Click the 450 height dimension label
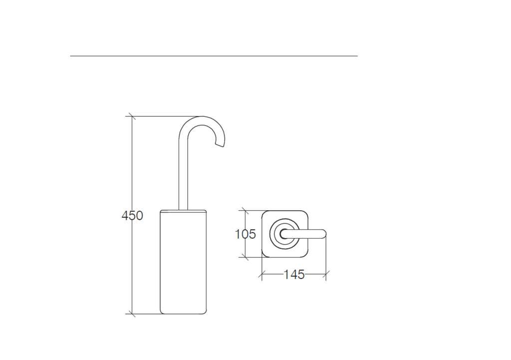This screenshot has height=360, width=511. coord(132,216)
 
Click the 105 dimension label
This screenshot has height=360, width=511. coord(246,234)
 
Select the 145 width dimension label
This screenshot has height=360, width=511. coord(294,275)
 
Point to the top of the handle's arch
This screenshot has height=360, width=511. coord(202,117)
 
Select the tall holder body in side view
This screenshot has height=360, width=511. coord(183,262)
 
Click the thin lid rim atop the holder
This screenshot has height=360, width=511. coord(183,211)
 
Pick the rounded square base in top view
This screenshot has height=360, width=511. coord(285,234)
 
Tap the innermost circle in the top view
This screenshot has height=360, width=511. coord(284,234)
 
